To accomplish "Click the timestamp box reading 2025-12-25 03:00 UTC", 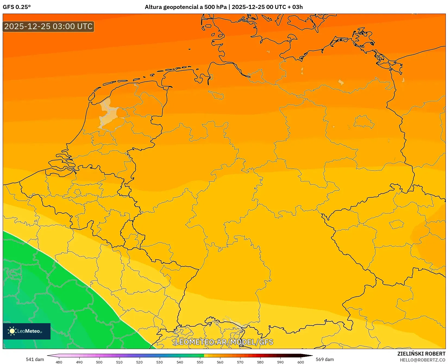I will point(48,27).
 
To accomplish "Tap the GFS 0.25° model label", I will point(17,7).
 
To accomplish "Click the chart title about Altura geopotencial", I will point(224,7).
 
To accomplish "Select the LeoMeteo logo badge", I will point(27,331).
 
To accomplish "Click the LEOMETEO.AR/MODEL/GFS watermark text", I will point(224,342).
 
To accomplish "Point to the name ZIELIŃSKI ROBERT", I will point(421,354).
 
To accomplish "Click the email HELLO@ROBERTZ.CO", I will point(422,360).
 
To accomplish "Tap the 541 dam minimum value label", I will point(35,359).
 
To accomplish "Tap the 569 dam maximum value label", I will point(325,359).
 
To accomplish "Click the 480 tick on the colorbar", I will point(59,362).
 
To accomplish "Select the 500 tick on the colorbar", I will point(99,362).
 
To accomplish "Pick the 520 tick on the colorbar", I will point(139,362).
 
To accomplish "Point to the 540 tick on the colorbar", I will point(180,362).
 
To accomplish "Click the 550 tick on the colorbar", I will point(200,362).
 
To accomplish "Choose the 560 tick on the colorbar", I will point(220,362).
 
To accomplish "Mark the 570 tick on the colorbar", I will point(240,362).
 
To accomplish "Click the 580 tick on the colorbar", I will point(260,362).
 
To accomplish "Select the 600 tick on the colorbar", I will point(300,362).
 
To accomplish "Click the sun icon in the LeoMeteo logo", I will point(12,331).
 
